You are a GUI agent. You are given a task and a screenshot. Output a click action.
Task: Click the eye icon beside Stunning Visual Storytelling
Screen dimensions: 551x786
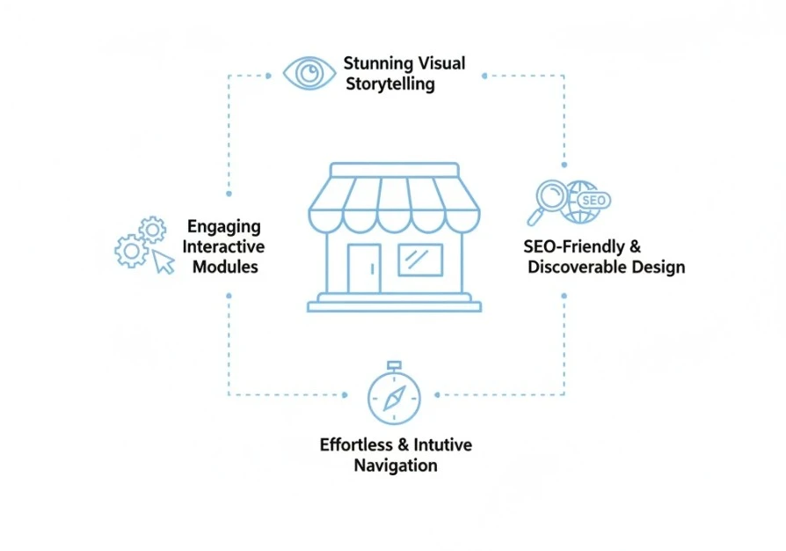pos(309,73)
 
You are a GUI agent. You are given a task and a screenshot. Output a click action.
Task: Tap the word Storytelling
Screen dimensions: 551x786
pos(389,84)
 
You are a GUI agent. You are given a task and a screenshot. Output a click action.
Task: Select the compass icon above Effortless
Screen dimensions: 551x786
pos(393,397)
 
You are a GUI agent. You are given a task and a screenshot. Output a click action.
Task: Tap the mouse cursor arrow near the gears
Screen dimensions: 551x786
pos(163,261)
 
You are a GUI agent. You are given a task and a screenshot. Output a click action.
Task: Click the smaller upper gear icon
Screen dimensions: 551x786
pos(152,231)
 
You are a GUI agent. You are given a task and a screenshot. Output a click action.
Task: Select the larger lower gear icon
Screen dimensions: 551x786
pos(132,252)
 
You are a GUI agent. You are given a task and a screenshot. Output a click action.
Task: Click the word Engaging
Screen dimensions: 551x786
pos(223,226)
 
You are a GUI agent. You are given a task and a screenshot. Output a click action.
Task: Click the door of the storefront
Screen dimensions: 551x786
pos(364,268)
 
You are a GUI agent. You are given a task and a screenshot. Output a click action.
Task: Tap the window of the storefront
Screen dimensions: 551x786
pos(420,260)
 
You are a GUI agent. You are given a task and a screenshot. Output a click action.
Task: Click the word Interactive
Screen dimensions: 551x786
pos(223,246)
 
